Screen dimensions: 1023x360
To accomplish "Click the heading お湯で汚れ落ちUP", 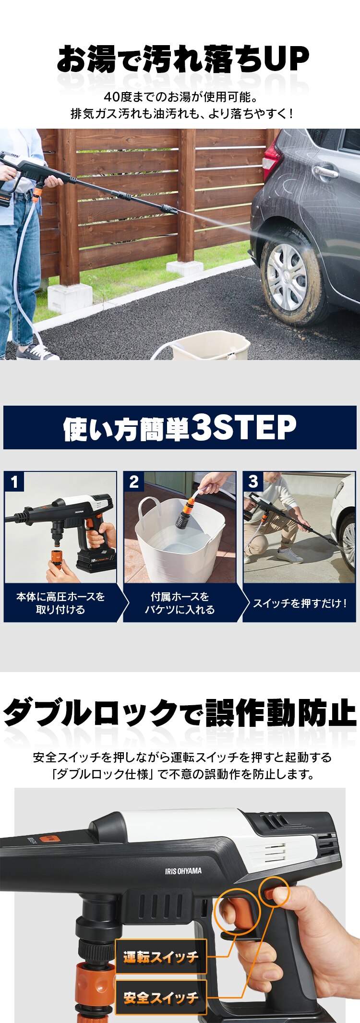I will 182,60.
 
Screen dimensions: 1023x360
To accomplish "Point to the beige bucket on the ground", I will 211,347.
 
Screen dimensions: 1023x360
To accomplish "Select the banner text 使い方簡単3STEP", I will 180,428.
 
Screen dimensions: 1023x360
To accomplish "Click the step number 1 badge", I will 14,481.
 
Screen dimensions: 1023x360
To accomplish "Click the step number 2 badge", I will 134,481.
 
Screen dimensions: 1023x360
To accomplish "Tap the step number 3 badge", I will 253,481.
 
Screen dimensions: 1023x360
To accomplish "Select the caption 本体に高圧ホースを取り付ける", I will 60,603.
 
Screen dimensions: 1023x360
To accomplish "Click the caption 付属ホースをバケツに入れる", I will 180,603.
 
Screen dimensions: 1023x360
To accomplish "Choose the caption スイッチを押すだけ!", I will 300,603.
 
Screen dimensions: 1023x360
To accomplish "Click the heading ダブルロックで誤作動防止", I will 180,713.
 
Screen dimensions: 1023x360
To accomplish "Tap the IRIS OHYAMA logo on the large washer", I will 183,871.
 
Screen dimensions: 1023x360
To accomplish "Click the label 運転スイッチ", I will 161,957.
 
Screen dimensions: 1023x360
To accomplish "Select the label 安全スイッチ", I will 161,998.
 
